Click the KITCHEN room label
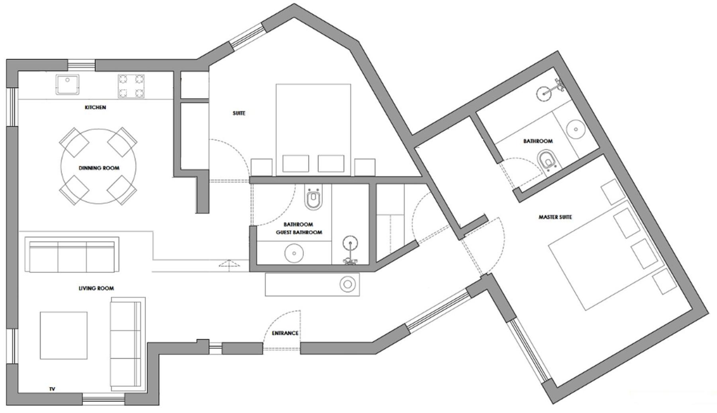point(95,107)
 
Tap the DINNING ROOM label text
point(99,168)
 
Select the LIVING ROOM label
point(96,288)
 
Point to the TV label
point(52,389)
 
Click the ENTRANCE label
point(285,333)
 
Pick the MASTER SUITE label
point(555,217)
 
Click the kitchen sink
point(67,85)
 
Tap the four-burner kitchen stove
point(131,87)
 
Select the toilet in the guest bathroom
point(313,198)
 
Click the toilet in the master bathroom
point(549,160)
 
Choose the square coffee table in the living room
point(64,335)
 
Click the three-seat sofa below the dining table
point(72,255)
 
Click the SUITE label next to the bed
point(239,114)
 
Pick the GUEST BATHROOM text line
point(299,232)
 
